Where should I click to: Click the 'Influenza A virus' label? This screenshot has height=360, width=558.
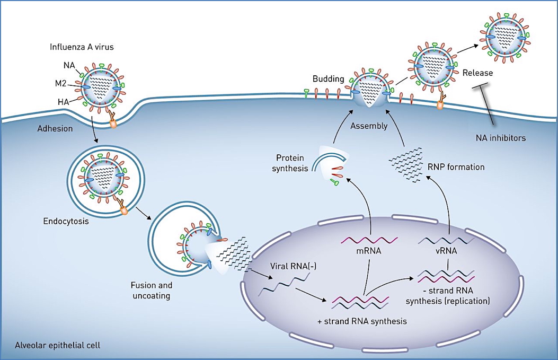pyautogui.click(x=82, y=47)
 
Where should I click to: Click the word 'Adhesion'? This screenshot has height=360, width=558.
pyautogui.click(x=54, y=128)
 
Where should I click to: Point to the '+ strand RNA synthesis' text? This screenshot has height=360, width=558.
pyautogui.click(x=362, y=321)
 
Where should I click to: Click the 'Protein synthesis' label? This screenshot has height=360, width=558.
pyautogui.click(x=290, y=164)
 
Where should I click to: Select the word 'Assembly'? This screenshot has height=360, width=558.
pyautogui.click(x=368, y=126)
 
